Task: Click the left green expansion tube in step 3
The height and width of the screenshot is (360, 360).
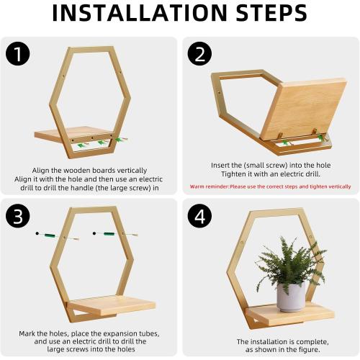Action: [x=50, y=234]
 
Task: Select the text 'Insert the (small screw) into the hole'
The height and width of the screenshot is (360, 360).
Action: [x=270, y=165]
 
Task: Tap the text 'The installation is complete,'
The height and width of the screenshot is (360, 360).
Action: [x=270, y=341]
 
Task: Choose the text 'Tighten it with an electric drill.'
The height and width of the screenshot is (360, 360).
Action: [x=270, y=175]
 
